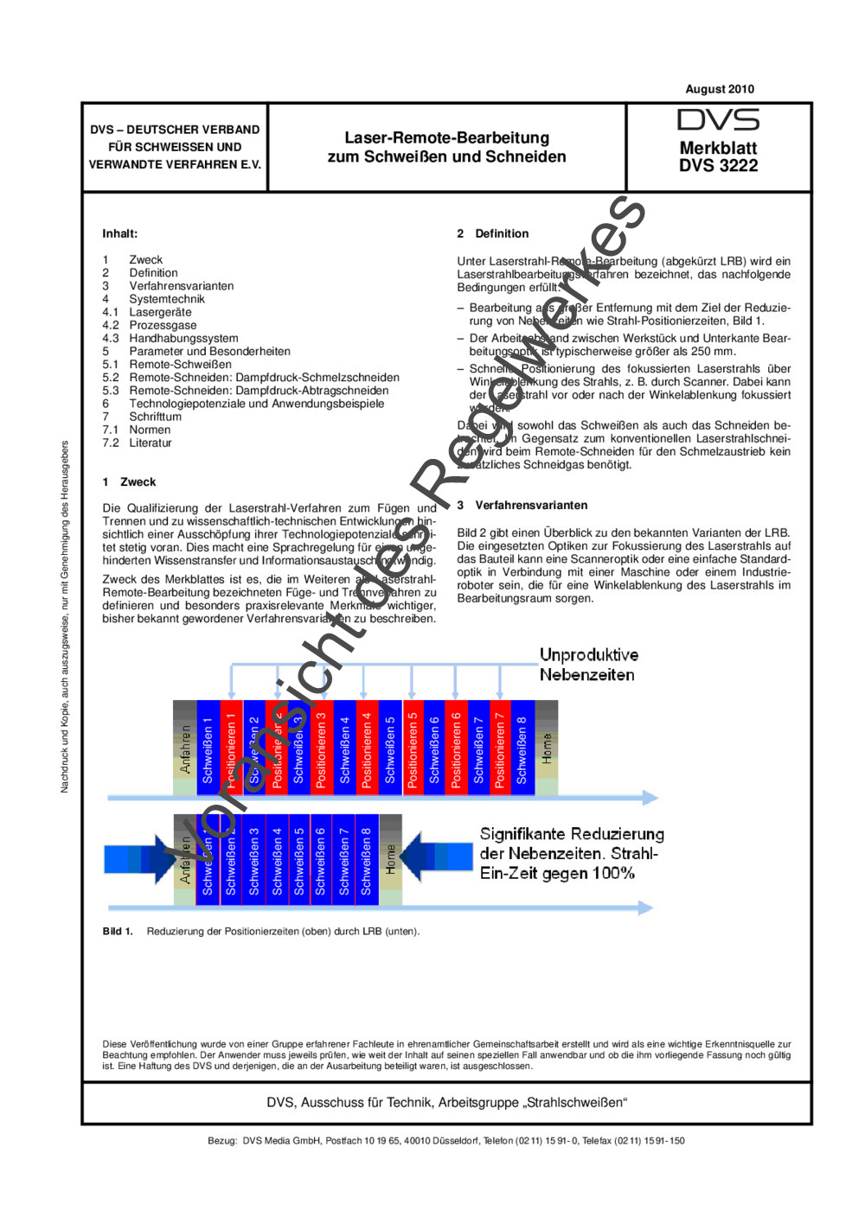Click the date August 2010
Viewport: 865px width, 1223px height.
pyautogui.click(x=719, y=89)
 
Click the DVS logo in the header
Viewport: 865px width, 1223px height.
pyautogui.click(x=718, y=120)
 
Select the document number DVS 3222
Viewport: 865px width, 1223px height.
pyautogui.click(x=718, y=165)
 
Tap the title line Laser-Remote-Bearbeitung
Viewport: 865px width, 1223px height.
pyautogui.click(x=446, y=137)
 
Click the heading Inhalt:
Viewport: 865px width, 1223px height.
pyautogui.click(x=119, y=233)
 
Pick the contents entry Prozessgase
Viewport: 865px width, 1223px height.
pyautogui.click(x=163, y=325)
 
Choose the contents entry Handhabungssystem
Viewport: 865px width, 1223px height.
pyautogui.click(x=183, y=338)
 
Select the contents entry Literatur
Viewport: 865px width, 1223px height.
pyautogui.click(x=151, y=443)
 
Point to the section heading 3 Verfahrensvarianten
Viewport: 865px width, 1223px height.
pyautogui.click(x=522, y=505)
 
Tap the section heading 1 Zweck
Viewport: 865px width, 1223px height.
pyautogui.click(x=129, y=481)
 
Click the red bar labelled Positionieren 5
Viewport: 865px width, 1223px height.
pyautogui.click(x=413, y=748)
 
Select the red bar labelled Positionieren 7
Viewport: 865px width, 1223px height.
pyautogui.click(x=500, y=748)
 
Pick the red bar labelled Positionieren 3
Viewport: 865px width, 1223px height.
pyautogui.click(x=322, y=748)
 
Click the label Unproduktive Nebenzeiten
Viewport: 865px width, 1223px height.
pyautogui.click(x=588, y=665)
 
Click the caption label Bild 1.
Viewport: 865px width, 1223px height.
pyautogui.click(x=118, y=931)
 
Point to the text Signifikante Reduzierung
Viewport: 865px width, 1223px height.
pyautogui.click(x=572, y=834)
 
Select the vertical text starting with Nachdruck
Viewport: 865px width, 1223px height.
pyautogui.click(x=64, y=617)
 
